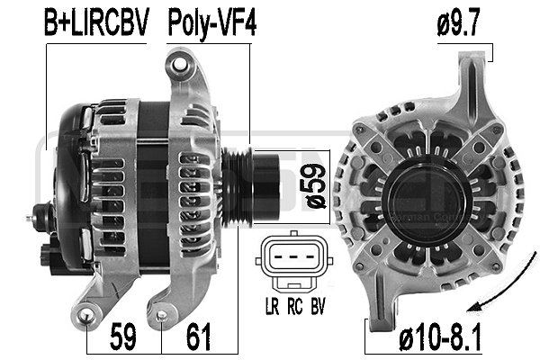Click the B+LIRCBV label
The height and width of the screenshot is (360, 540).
(x=95, y=23)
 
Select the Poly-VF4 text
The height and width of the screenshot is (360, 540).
(x=211, y=23)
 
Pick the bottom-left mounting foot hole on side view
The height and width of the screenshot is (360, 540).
(x=87, y=313)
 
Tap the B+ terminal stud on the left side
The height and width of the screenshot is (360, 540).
(x=38, y=215)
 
